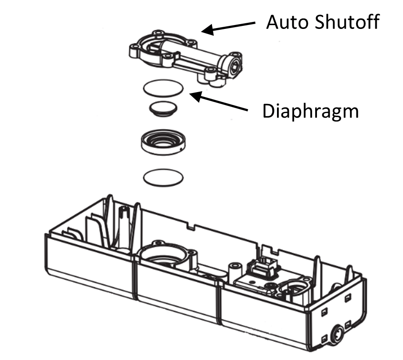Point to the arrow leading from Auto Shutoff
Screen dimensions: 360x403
pos(230,27)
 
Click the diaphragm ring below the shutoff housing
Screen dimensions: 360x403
pos(163,87)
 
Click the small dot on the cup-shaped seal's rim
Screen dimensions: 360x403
pos(180,152)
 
